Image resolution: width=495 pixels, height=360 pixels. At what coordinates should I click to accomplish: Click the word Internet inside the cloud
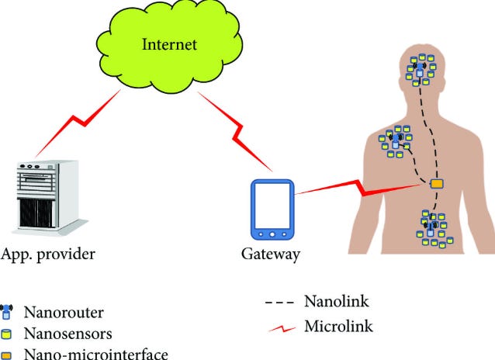pos(169,44)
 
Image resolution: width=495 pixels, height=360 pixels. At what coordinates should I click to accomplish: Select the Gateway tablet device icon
pos(272,209)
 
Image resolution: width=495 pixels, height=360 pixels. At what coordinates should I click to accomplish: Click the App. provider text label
pos(47,254)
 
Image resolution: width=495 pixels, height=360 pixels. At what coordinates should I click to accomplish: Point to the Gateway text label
pos(271,254)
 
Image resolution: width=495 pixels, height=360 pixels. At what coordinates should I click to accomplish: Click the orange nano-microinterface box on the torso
pos(438,183)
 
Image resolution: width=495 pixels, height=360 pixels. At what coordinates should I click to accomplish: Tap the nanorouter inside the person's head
pos(420,69)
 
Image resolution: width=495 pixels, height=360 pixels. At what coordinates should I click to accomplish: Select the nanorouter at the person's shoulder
pos(396,141)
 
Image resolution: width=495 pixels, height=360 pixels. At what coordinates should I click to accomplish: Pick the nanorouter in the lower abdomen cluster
pos(431,229)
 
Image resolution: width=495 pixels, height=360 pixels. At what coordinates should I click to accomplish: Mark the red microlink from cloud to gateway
pos(235,132)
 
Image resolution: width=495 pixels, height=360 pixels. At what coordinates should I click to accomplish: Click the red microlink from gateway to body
pos(358,189)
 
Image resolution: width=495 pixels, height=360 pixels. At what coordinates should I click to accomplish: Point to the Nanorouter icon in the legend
pos(6,311)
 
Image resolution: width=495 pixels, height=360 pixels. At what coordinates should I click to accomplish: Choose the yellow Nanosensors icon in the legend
pos(6,334)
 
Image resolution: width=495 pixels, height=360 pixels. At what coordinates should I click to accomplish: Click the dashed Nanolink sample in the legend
pos(279,303)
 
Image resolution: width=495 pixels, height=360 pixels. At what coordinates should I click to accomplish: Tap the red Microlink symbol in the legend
pos(282,329)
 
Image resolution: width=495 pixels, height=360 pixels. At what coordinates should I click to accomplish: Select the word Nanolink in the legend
pos(337,301)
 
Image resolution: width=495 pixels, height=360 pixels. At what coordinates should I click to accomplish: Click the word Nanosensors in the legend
pos(67,334)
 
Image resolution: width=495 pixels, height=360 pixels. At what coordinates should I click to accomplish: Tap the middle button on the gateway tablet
pos(272,234)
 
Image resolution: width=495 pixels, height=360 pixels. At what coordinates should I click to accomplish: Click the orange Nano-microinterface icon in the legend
pos(6,355)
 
